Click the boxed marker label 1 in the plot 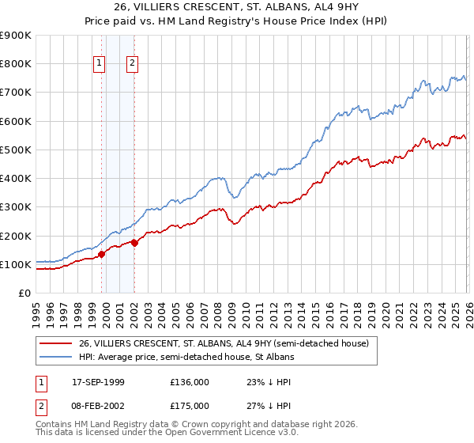coord(100,64)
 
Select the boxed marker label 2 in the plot coord(132,64)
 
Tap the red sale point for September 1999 coord(101,254)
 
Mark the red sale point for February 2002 coord(134,243)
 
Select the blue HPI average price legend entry coord(186,358)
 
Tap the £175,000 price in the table coord(189,405)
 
